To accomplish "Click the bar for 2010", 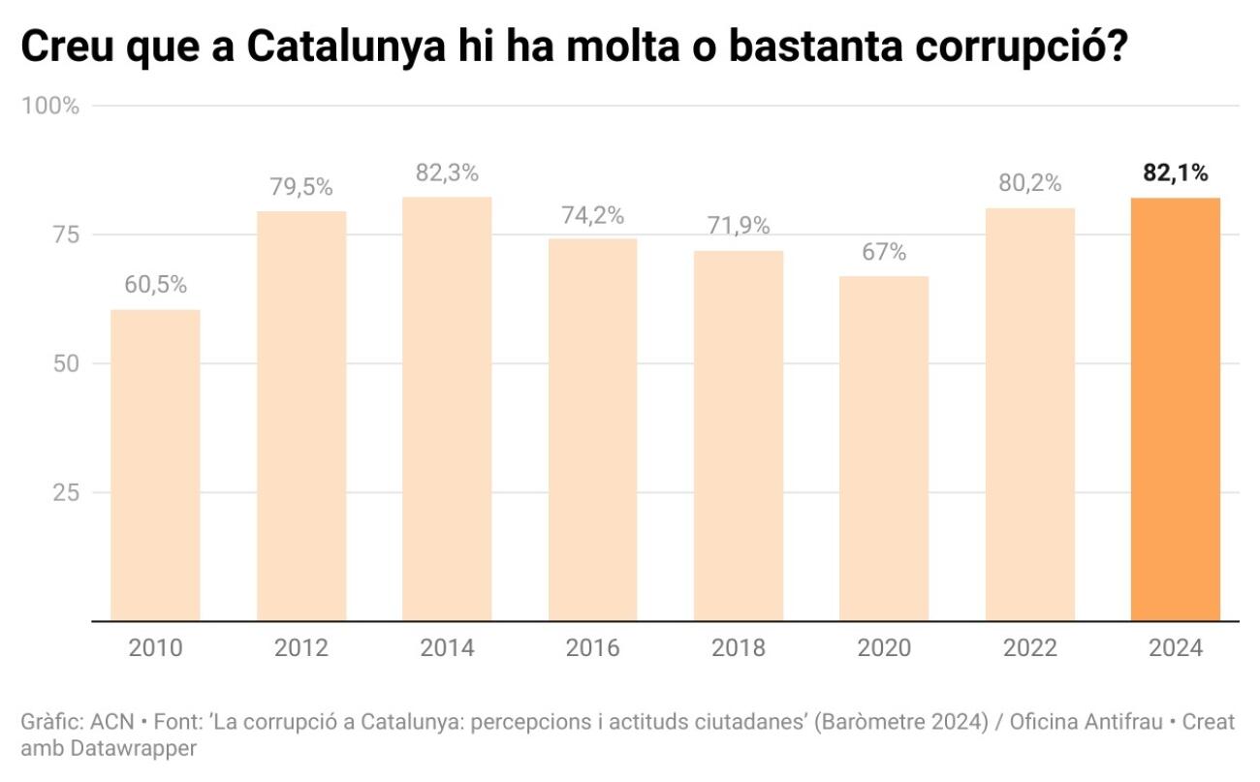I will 155,465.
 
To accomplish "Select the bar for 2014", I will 447,409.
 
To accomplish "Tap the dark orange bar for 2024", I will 1175,409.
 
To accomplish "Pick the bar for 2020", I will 884,449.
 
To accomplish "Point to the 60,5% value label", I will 155,286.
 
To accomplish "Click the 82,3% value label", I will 447,173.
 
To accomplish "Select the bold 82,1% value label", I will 1175,174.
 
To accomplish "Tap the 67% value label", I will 884,253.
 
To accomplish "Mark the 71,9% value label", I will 739,227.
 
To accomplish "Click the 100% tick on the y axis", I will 50,106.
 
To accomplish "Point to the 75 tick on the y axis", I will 64,235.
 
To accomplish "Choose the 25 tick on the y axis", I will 64,492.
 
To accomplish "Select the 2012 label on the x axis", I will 300,648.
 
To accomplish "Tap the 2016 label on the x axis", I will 592,648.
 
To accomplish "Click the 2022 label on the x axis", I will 1029,648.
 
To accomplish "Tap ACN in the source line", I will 111,723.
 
